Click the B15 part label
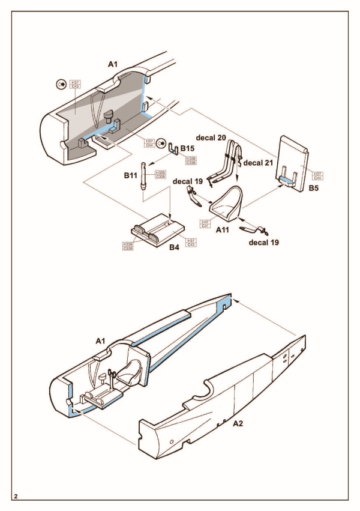187,148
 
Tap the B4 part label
175,247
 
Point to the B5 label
314,187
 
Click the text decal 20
210,138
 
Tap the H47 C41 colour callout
205,224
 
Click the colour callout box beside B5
318,175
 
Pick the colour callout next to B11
160,174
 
